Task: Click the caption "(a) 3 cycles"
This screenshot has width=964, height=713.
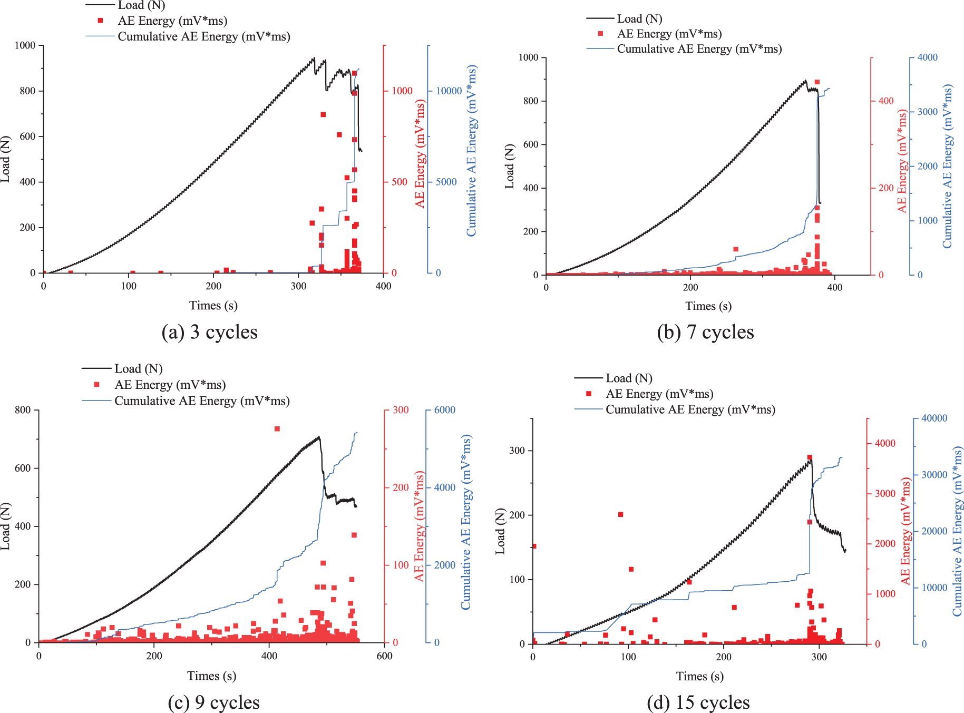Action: [209, 333]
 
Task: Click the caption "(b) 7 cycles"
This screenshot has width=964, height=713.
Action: [705, 333]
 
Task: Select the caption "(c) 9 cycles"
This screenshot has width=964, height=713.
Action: [213, 702]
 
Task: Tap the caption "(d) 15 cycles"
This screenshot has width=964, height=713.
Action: [698, 702]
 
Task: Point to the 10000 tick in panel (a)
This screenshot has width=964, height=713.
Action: [449, 91]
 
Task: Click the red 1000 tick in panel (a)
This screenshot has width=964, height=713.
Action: [402, 91]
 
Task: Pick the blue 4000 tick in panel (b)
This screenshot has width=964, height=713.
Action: [928, 57]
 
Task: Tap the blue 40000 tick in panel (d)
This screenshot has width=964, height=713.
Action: [934, 418]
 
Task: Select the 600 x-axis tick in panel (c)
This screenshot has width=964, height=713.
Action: [384, 656]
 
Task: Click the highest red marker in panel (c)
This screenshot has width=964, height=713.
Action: [277, 429]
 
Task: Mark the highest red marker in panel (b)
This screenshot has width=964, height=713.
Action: [817, 82]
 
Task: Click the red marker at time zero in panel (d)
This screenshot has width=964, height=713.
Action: [534, 546]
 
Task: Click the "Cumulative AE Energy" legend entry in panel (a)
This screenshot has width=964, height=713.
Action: [203, 37]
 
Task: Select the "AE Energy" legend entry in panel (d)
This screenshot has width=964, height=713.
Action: [659, 394]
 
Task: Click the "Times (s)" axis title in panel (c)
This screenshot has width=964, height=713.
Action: [211, 676]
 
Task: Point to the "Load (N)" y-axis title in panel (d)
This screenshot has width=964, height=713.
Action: [500, 531]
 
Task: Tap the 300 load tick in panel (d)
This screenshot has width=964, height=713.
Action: [517, 451]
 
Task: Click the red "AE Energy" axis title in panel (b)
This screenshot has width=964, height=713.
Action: [902, 161]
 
